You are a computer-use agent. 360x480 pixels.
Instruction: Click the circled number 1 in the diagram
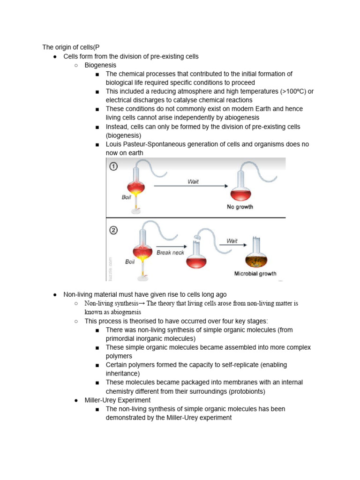(x=114, y=166)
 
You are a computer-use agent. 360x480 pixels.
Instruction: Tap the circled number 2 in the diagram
(x=114, y=230)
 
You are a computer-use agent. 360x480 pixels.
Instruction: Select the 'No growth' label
(x=240, y=207)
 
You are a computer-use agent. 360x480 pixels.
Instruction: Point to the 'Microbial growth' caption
(x=255, y=273)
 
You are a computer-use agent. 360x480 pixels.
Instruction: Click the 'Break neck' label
(x=170, y=252)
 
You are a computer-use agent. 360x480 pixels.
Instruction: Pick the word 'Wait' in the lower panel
(x=232, y=241)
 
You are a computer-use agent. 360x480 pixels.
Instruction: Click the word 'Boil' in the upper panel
(x=127, y=197)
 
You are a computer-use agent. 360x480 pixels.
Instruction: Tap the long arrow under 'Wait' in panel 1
(x=192, y=187)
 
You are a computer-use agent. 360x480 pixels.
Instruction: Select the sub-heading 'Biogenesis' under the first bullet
(x=100, y=65)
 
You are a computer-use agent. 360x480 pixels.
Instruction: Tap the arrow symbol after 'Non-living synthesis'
(x=142, y=304)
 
